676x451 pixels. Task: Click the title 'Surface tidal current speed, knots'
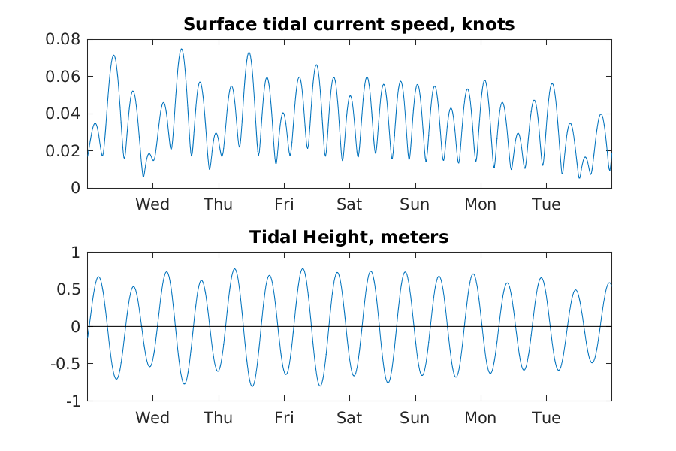coord(349,24)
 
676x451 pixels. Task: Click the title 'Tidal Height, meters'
coord(349,238)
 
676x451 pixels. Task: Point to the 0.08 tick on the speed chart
coord(65,39)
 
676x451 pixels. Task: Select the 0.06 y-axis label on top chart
coord(65,77)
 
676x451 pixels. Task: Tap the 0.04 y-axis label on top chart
coord(65,114)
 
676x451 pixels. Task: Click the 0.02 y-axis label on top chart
coord(65,151)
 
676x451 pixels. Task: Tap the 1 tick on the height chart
coord(74,253)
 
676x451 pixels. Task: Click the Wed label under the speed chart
coord(152,204)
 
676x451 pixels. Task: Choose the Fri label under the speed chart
coord(284,204)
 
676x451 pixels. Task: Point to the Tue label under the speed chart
coord(546,204)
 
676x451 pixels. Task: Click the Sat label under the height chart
coord(349,418)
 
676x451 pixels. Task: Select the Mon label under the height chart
coord(480,418)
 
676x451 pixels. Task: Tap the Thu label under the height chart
coord(218,418)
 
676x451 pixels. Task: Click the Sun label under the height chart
coord(415,418)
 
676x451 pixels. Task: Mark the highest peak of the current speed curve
coord(181,50)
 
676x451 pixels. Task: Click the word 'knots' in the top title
coord(490,24)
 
